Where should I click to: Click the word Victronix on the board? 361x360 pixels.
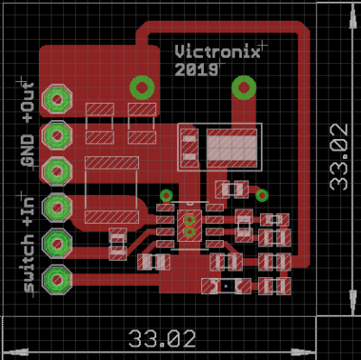coord(218,51)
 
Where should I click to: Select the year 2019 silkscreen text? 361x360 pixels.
coord(196,69)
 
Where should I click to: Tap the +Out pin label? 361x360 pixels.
coord(28,102)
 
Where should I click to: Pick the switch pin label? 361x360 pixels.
coord(29,263)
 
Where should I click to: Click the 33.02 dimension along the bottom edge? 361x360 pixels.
coord(162,339)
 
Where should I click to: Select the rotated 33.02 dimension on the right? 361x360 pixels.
coord(339,157)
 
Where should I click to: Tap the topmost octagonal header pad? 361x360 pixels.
coord(57,99)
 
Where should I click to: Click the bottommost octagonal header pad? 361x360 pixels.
coord(57,280)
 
